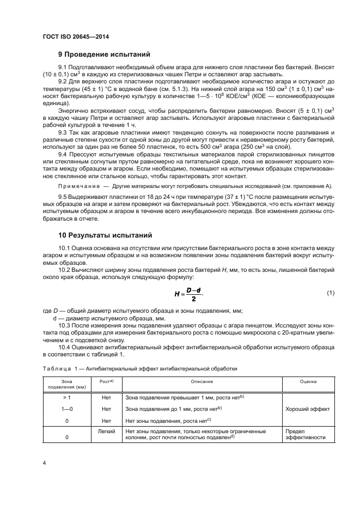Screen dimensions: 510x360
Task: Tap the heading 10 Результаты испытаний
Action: tap(105, 235)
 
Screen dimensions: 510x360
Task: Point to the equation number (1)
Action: tap(330, 293)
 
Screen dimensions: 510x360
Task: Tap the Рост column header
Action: tap(106, 382)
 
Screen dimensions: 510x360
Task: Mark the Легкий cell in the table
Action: tap(106, 430)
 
